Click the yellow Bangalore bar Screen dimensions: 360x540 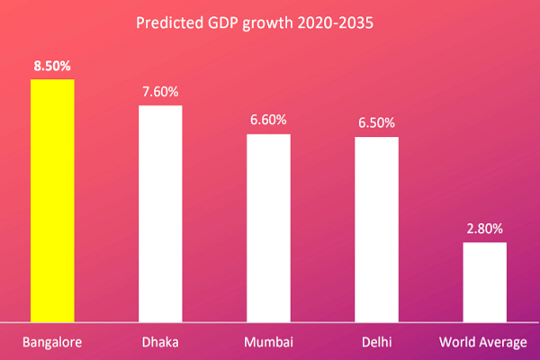(52, 200)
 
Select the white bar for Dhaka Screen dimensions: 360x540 (160, 213)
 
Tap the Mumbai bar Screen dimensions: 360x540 (268, 228)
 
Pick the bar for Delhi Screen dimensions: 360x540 (376, 229)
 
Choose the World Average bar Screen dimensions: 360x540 (484, 282)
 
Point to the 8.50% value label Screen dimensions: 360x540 (52, 66)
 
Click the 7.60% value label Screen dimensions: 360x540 (160, 92)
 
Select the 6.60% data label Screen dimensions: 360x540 (268, 121)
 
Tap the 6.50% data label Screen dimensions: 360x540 (376, 123)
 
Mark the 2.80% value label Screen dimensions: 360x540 (484, 229)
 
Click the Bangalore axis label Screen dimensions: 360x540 (52, 343)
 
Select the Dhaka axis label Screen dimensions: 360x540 (160, 343)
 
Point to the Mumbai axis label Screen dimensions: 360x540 (268, 343)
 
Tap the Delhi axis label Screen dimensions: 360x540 (376, 343)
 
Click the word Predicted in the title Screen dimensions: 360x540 (164, 22)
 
